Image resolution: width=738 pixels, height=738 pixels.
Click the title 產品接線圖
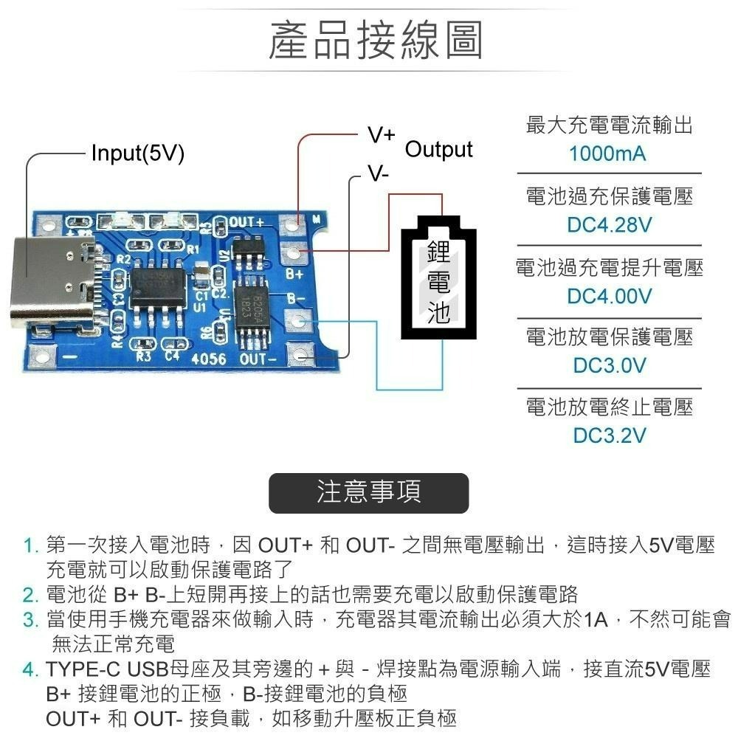pos(376,41)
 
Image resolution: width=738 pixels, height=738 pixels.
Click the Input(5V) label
pos(137,154)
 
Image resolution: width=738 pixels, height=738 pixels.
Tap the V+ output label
pos(382,136)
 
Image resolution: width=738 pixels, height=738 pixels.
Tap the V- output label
pos(379,174)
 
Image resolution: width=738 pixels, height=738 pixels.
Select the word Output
pos(439,150)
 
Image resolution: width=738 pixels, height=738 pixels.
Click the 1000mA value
pos(607,154)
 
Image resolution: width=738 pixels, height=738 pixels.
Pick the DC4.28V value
pos(609,225)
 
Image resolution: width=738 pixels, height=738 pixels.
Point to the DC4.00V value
pos(609,296)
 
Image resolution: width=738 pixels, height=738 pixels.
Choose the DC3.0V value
pos(609,365)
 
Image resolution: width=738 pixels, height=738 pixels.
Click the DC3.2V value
pos(609,435)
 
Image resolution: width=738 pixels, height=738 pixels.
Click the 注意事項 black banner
pos(368,493)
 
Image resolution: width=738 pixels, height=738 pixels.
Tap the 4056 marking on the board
pos(208,359)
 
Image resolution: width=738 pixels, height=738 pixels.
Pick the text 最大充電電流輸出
pos(609,125)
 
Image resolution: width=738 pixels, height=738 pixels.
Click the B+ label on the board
pos(294,274)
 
